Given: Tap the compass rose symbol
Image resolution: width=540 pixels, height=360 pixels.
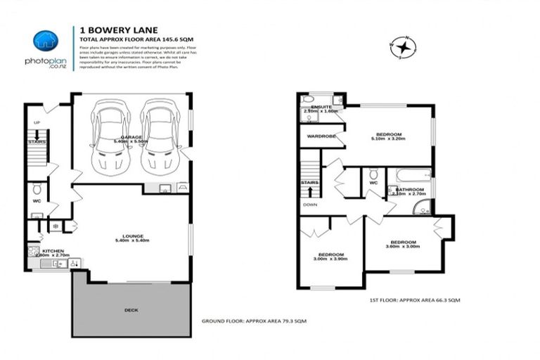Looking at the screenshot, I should click(x=404, y=48).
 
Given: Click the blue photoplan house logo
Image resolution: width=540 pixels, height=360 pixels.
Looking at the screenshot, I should click(x=46, y=40).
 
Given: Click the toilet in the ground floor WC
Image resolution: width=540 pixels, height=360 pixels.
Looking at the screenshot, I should click(x=37, y=190).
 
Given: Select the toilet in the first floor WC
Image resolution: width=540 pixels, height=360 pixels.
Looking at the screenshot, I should click(x=373, y=174).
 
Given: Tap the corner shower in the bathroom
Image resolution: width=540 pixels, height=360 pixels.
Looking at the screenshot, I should click(x=422, y=207).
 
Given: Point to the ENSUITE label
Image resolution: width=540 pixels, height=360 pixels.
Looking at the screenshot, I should click(x=321, y=107).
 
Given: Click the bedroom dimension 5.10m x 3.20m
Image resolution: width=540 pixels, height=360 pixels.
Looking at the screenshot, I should click(x=388, y=139).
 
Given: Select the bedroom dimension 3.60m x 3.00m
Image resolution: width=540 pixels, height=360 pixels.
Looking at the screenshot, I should click(x=402, y=247).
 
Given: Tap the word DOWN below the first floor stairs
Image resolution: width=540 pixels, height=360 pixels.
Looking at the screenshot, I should click(x=309, y=205).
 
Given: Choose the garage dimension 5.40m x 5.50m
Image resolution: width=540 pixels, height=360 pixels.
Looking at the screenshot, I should click(x=131, y=141).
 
